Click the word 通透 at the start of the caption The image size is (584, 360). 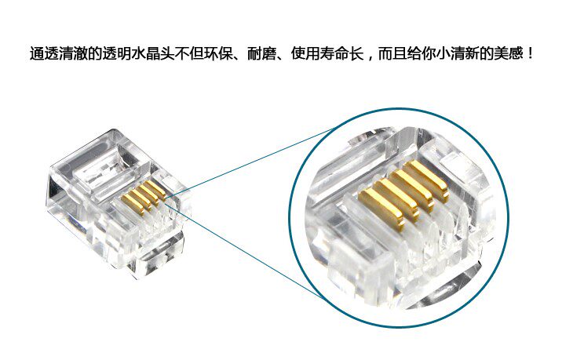[44, 53]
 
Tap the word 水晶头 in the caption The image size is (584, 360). [153, 53]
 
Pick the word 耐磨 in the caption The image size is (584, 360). [262, 53]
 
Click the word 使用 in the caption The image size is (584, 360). [305, 53]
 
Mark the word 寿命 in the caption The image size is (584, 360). [334, 53]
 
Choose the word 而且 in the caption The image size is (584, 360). [392, 53]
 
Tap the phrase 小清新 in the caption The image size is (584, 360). [458, 53]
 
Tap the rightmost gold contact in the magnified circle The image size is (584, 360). [426, 180]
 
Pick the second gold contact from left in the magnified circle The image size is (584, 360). [396, 197]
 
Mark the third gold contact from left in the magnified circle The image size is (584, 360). [412, 188]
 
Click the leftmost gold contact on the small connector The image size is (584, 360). [133, 204]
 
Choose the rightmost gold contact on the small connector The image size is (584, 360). [155, 189]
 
